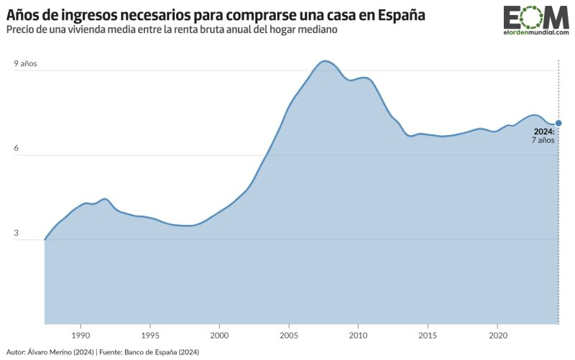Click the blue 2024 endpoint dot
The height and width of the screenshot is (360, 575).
tap(558, 123)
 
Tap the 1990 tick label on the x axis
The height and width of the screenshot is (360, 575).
tap(80, 335)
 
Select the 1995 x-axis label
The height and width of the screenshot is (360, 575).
tap(149, 335)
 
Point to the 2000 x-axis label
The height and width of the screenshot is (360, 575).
tap(219, 335)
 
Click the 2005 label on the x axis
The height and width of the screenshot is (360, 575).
tap(289, 335)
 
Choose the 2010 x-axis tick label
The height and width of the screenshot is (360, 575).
tap(358, 335)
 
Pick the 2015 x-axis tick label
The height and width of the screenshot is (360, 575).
tap(428, 335)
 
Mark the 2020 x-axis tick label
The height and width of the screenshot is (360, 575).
tap(497, 335)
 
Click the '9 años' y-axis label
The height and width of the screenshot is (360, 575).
tap(25, 63)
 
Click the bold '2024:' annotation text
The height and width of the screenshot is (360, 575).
tap(543, 131)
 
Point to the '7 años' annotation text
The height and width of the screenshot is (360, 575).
tap(543, 141)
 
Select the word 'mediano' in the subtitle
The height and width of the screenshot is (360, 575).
tap(317, 30)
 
